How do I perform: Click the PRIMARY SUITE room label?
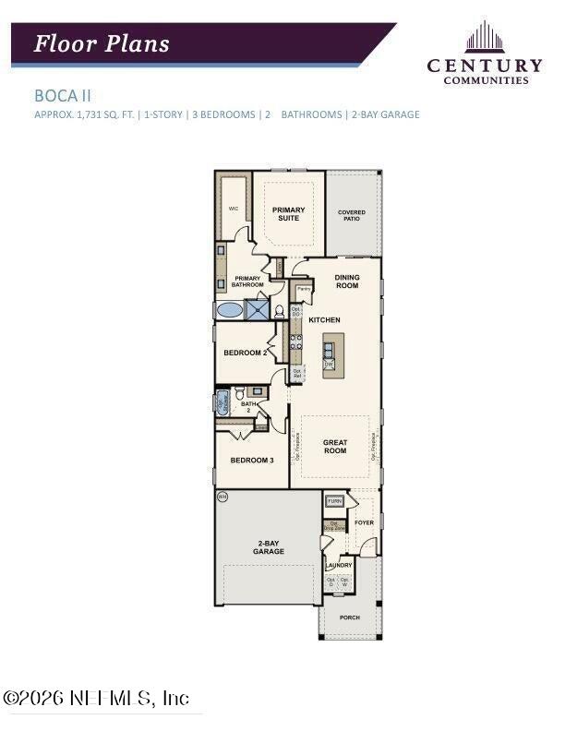(x=288, y=214)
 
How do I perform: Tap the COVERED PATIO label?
(x=352, y=215)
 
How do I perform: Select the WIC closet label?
(x=234, y=209)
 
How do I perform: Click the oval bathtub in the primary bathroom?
(x=229, y=310)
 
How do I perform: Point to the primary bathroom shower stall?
(x=258, y=310)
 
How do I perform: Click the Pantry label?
(x=304, y=289)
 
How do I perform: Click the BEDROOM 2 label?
(x=246, y=353)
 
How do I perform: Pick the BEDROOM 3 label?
(x=251, y=460)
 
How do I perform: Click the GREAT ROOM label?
(x=335, y=447)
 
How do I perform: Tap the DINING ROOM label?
(x=347, y=282)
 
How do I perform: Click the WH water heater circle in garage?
(x=222, y=497)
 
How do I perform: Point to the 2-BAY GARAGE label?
(x=269, y=547)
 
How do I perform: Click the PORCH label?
(x=349, y=617)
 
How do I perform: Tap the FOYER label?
(x=364, y=522)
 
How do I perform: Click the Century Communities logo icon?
(x=484, y=38)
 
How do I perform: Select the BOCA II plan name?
(x=63, y=94)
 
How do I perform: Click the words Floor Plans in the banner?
(x=102, y=43)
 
